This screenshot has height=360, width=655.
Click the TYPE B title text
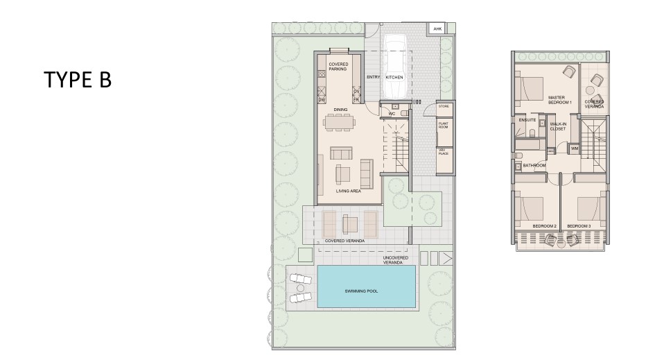point(78,80)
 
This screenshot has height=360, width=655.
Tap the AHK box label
point(437,29)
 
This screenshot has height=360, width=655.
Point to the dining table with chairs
point(340,123)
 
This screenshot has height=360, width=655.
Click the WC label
point(392,113)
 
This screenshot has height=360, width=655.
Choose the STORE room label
point(444,107)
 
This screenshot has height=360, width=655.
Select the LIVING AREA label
point(347,190)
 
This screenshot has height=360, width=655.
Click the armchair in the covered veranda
point(350,223)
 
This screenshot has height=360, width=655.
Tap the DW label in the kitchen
point(322,100)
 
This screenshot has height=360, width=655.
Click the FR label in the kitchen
point(356,100)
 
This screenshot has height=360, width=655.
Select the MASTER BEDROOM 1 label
point(559,100)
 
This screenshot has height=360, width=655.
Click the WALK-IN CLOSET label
point(558,127)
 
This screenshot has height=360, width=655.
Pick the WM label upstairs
point(574,148)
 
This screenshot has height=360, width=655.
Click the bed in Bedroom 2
point(530,207)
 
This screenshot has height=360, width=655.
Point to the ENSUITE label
point(527,119)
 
